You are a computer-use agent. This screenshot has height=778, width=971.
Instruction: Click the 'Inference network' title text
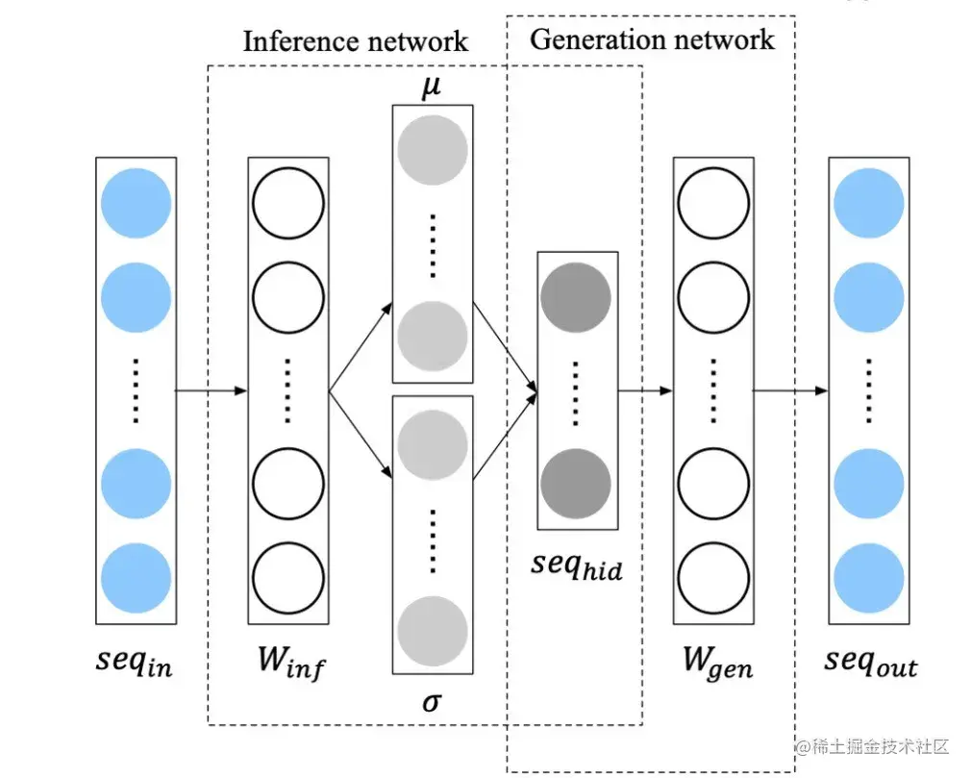pyautogui.click(x=355, y=41)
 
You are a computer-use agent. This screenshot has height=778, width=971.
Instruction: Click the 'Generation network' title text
pyautogui.click(x=652, y=39)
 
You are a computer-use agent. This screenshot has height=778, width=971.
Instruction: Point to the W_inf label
pyautogui.click(x=287, y=664)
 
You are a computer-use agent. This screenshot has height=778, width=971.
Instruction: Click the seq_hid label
pyautogui.click(x=576, y=565)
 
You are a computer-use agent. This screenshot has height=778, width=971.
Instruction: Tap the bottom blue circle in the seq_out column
pyautogui.click(x=868, y=579)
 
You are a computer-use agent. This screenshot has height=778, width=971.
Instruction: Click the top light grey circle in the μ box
pyautogui.click(x=432, y=150)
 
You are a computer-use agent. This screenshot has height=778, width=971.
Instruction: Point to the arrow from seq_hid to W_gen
pyautogui.click(x=644, y=390)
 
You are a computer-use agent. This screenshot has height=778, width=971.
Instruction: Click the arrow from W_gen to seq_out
pyautogui.click(x=789, y=390)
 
